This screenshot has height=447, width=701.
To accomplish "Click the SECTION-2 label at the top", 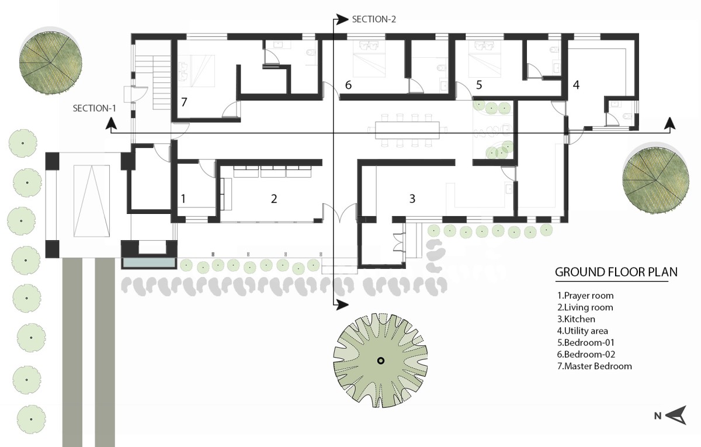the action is click(374, 19).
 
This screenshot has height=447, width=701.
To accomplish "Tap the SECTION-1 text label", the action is click(95, 108).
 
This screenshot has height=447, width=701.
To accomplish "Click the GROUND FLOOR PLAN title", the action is click(616, 272).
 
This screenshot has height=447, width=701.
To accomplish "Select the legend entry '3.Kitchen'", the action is click(576, 319).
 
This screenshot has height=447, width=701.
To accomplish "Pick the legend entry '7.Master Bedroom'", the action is click(594, 366).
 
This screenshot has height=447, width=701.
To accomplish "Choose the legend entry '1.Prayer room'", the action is click(585, 296).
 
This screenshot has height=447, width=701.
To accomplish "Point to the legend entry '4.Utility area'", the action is click(582, 331).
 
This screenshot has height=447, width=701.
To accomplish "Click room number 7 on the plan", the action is click(184, 102).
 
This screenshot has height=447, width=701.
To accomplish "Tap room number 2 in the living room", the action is click(274, 199).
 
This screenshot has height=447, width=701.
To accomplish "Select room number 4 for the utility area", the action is click(576, 85).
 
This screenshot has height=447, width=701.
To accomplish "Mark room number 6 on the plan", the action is click(348, 85).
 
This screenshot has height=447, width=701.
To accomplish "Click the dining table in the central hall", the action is click(407, 130).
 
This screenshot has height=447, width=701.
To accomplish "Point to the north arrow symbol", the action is click(676, 415).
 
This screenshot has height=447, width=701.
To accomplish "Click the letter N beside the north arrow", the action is click(658, 416).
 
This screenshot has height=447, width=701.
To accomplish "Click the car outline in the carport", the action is click(92, 201).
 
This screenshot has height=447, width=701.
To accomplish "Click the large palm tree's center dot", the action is click(380, 361).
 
